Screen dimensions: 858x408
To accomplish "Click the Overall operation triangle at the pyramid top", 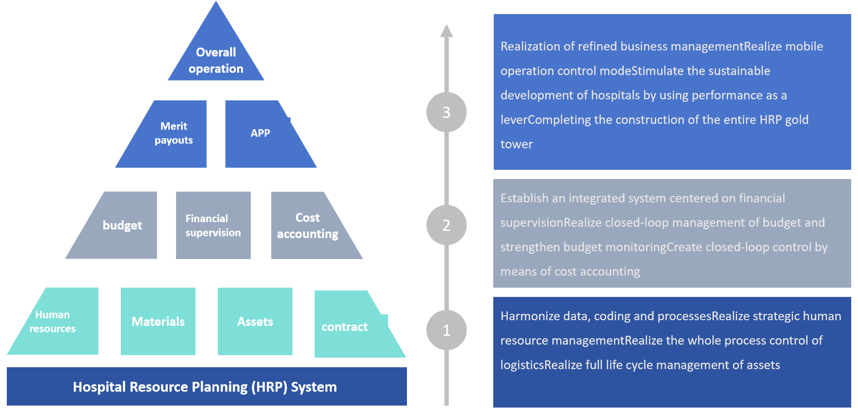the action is point(216,53).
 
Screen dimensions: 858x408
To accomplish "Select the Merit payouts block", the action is point(167,134).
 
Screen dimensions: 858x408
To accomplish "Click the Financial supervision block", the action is point(213,225).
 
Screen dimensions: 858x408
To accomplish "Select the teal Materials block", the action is point(158,321).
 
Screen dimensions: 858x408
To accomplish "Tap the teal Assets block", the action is point(255,321).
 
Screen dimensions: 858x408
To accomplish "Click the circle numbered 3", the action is point(446,112).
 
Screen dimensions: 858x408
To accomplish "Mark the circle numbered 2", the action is point(446,225).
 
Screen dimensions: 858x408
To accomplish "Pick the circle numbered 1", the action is point(446,330).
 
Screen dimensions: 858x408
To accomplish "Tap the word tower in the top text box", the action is point(517,144).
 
